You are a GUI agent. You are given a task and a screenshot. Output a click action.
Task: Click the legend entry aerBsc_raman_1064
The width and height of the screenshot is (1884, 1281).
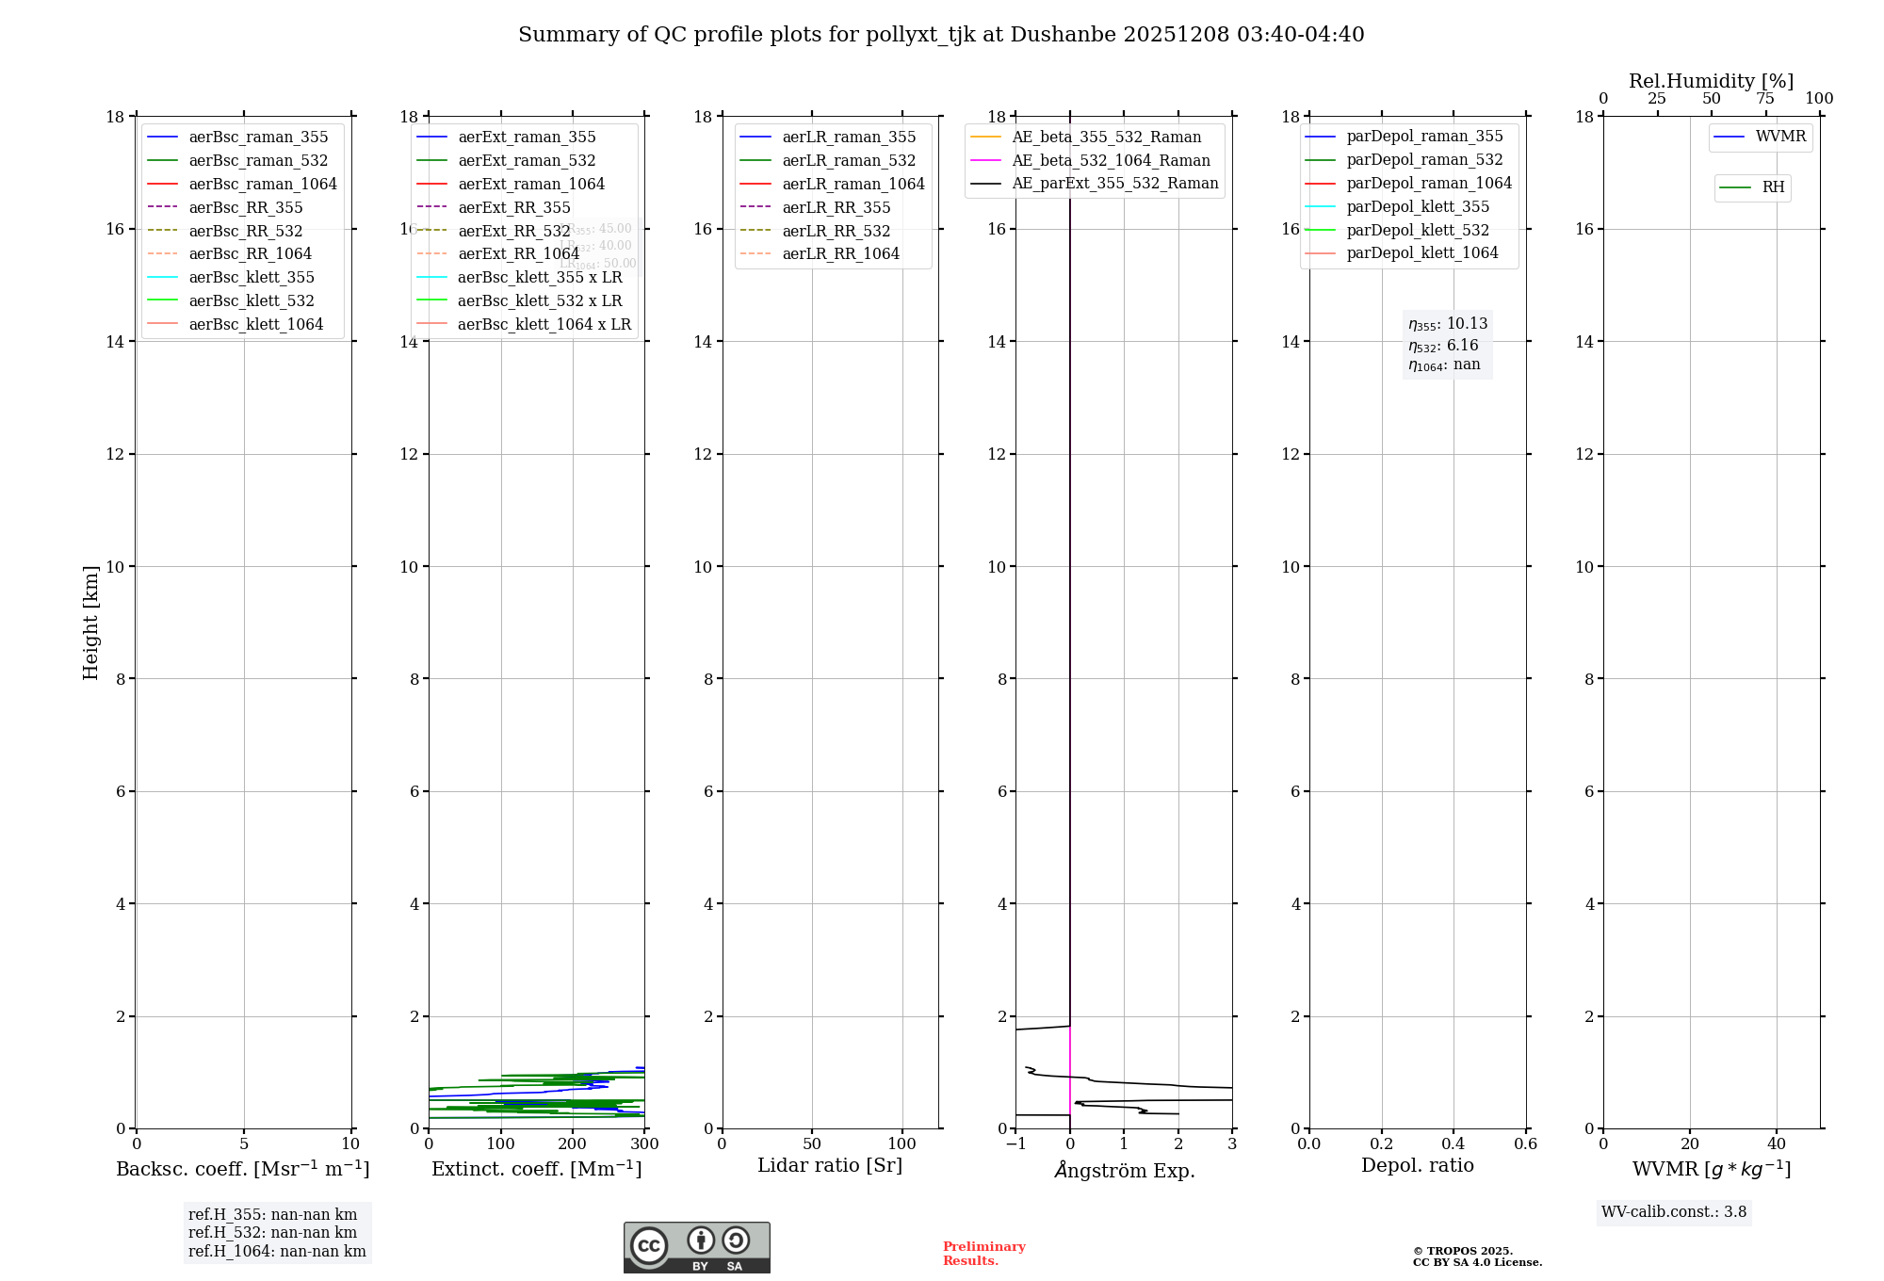(263, 184)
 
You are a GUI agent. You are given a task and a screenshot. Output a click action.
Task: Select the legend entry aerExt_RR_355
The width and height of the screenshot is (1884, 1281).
(514, 207)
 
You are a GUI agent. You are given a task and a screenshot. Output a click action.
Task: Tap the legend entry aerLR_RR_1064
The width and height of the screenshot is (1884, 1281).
(840, 253)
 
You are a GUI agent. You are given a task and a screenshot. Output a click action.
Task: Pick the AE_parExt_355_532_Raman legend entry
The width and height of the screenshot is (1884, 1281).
(1114, 183)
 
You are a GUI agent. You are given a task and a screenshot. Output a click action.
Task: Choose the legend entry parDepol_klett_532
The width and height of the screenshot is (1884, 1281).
(1418, 230)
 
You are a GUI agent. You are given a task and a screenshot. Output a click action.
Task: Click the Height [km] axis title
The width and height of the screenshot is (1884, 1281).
(90, 622)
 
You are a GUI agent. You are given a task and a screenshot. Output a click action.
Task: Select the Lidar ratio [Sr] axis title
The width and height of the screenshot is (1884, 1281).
(830, 1165)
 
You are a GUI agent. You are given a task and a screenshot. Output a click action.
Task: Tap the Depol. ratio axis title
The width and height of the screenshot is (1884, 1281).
(1417, 1165)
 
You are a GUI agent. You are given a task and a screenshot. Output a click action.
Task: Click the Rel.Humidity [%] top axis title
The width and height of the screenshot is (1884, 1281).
(1711, 81)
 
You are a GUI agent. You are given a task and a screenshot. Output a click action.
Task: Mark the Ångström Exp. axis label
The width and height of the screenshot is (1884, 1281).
(1124, 1170)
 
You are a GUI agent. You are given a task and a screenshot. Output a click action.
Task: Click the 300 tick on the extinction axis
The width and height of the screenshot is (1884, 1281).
(644, 1144)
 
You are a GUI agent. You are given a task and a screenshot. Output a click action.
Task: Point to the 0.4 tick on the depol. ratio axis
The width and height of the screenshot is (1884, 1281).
(1454, 1144)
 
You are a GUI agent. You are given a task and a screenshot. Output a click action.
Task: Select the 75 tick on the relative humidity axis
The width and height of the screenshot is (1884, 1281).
(1765, 99)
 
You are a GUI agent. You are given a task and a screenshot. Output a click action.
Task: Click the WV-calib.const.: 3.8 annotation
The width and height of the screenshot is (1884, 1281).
(1673, 1212)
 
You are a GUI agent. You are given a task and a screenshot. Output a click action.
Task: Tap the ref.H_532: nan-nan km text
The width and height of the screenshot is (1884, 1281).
(272, 1232)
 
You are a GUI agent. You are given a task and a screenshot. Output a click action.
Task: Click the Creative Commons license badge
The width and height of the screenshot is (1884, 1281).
(696, 1247)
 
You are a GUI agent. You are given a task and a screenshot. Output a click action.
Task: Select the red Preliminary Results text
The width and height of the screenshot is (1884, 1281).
(983, 1254)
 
